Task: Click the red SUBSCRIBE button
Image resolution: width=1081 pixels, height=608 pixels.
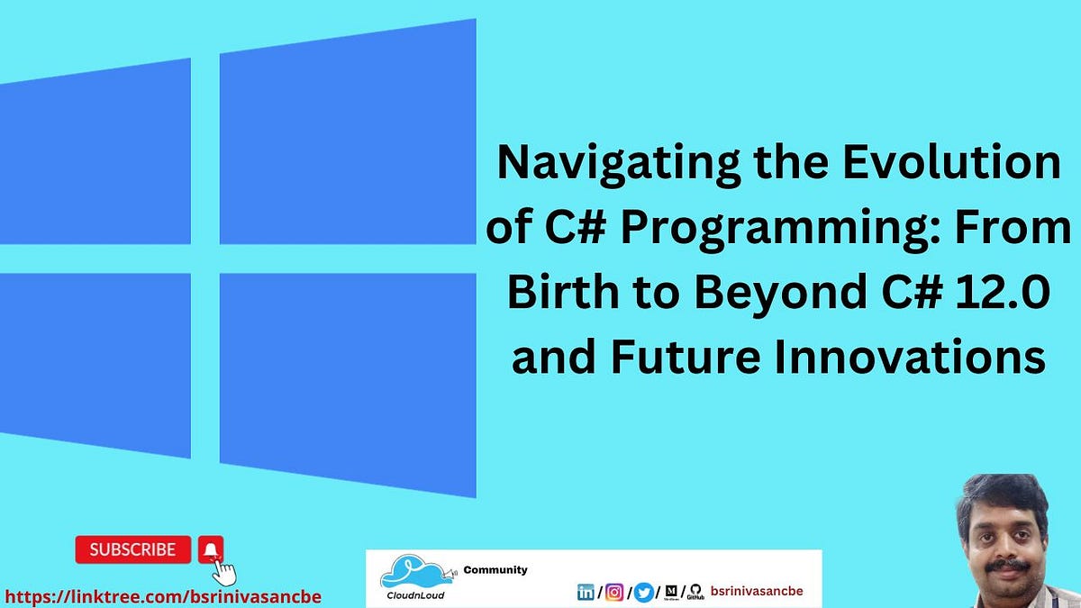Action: tap(132, 549)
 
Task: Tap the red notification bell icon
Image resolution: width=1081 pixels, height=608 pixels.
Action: tap(211, 549)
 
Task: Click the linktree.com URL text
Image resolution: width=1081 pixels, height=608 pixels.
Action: tap(163, 596)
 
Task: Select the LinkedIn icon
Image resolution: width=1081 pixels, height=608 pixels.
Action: tap(586, 592)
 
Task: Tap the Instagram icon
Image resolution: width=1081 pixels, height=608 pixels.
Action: tap(614, 592)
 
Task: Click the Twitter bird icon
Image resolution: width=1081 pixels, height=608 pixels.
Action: tap(642, 592)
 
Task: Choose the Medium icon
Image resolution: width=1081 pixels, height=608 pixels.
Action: tap(670, 592)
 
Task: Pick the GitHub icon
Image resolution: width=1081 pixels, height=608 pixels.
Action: tap(695, 591)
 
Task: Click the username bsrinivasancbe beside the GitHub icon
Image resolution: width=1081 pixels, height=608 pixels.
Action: tap(757, 591)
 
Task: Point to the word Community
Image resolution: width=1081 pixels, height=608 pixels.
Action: tap(495, 569)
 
